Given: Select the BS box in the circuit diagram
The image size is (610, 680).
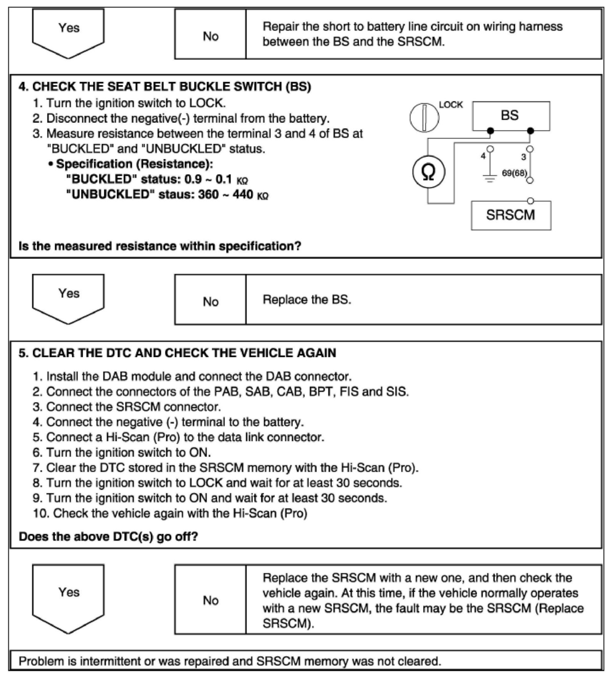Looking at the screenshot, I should point(511,115).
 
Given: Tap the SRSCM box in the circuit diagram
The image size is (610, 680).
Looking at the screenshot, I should point(511,215).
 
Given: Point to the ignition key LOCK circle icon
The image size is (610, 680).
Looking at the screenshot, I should point(424,117).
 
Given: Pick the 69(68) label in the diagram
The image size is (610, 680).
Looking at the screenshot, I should point(514,173).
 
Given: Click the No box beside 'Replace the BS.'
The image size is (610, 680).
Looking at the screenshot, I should point(210,302).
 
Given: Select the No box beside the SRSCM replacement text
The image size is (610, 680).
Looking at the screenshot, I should point(210,601).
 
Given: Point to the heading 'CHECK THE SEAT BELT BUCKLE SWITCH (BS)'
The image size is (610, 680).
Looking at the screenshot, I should point(171,87).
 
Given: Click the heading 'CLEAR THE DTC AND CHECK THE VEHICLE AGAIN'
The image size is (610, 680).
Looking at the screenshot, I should point(184,353).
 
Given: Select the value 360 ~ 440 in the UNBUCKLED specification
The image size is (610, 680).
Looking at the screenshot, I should point(225,195).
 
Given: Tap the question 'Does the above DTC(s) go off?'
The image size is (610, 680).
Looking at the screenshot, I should point(108,537).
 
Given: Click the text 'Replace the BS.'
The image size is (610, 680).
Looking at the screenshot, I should point(307,300).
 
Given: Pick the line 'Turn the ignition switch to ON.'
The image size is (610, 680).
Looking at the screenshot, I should point(128,453).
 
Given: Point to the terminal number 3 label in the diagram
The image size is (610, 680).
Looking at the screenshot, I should point(523,157).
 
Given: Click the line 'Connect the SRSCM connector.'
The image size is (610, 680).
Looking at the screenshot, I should point(133,407).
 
